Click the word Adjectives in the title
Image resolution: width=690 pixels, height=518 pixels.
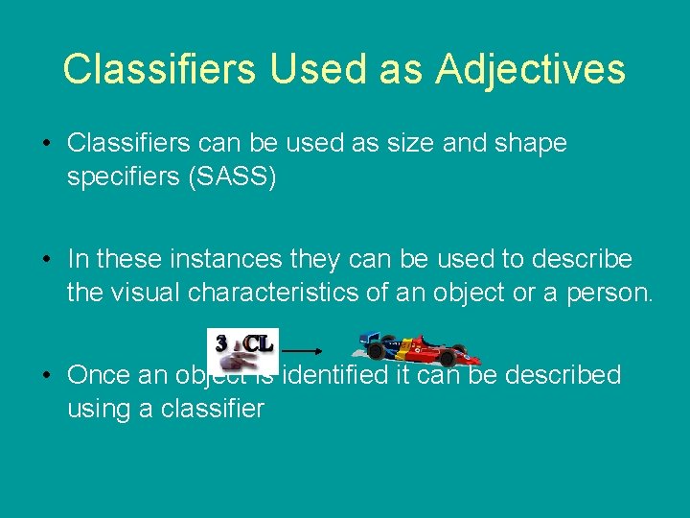coord(530,69)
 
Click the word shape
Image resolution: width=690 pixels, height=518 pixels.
coord(525,144)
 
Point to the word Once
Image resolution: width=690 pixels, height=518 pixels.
coord(100,376)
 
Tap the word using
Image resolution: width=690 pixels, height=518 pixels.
coord(99,410)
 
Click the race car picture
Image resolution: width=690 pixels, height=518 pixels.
coord(411,350)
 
